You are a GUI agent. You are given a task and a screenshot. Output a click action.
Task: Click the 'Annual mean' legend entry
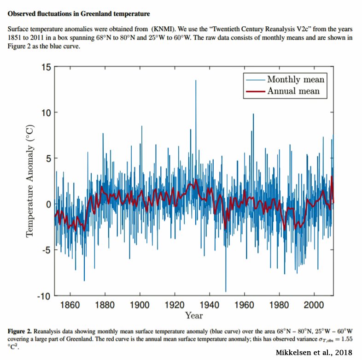click(293, 91)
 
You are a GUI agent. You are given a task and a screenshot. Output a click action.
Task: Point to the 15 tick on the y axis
click(45, 67)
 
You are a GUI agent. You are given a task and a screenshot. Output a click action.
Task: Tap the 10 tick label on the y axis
click(45, 113)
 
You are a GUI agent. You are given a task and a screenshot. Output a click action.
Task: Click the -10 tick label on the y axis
click(42, 296)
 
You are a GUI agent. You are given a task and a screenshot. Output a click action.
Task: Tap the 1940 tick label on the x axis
click(210, 305)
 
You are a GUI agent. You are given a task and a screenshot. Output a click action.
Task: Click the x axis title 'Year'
click(194, 316)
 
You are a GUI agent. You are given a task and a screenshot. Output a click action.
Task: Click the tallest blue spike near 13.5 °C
click(196, 81)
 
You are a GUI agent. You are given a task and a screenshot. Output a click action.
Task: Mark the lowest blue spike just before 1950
click(226, 290)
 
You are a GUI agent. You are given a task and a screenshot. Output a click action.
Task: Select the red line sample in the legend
click(255, 91)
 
